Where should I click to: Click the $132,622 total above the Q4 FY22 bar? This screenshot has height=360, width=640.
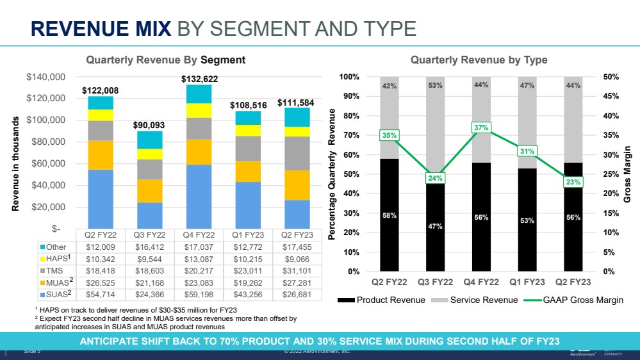pos(199,79)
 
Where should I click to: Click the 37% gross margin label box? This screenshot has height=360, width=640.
pos(481,128)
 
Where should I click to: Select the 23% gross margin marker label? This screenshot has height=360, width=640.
pos(574,183)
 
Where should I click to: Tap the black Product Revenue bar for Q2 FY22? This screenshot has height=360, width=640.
pos(390,215)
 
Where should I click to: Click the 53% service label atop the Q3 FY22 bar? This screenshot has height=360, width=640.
pos(436,85)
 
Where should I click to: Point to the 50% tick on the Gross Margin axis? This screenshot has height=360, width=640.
pos(611,77)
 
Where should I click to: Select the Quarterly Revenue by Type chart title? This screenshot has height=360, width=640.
pos(479,60)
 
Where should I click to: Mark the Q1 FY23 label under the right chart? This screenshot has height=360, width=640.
pos(528,282)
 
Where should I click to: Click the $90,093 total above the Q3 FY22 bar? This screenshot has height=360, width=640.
pos(149,125)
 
